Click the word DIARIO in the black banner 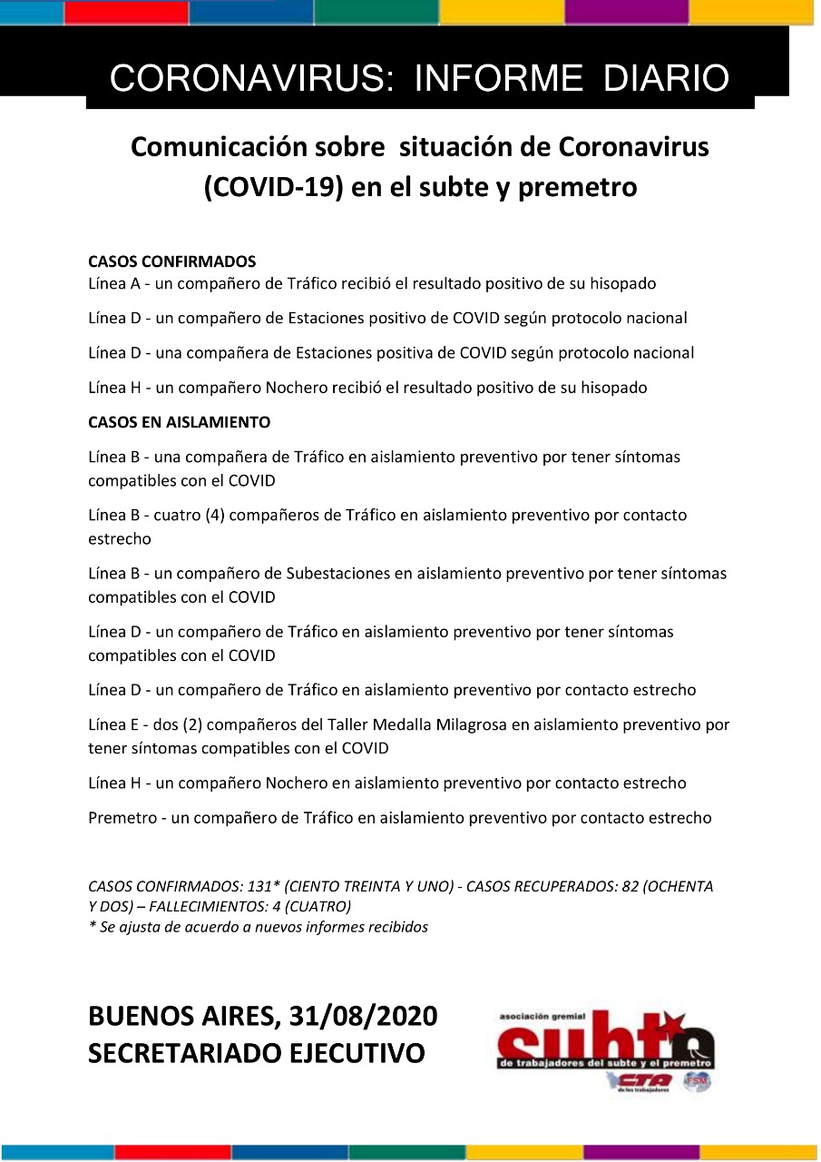[x=667, y=79]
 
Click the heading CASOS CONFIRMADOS [x=171, y=261]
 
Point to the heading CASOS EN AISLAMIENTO [x=179, y=422]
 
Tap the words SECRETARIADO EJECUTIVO [x=257, y=1054]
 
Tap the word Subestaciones [x=342, y=574]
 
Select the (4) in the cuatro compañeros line [x=214, y=515]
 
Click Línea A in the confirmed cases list [x=113, y=283]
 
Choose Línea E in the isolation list [x=113, y=725]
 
